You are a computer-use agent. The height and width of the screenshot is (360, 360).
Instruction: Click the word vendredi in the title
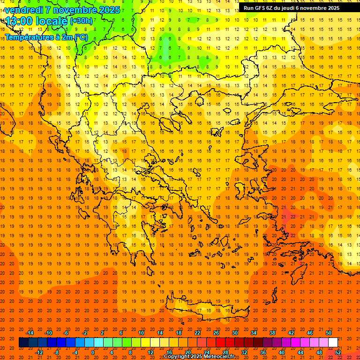click(24, 10)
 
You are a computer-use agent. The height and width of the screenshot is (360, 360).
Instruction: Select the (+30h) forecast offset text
click(81, 21)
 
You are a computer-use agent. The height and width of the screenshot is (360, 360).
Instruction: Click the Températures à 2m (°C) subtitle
click(46, 37)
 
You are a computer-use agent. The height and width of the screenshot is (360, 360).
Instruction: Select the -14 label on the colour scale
click(30, 333)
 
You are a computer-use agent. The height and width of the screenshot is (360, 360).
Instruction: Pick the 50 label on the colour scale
click(329, 333)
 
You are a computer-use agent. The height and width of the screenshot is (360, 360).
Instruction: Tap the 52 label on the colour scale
click(338, 352)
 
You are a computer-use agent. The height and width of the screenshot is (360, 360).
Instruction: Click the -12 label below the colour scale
click(39, 352)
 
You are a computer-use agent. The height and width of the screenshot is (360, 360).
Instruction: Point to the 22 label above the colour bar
click(197, 333)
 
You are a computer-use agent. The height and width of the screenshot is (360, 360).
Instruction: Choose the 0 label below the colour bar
click(93, 352)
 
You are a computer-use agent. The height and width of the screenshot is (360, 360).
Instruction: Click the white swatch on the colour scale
click(333, 342)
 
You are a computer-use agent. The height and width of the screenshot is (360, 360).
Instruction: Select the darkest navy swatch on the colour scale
click(23, 342)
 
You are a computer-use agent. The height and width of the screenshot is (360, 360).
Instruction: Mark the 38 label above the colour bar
click(272, 333)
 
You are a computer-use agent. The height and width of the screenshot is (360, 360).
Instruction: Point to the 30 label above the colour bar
click(235, 333)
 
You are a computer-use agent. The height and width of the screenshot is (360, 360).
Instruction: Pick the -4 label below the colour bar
click(75, 352)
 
